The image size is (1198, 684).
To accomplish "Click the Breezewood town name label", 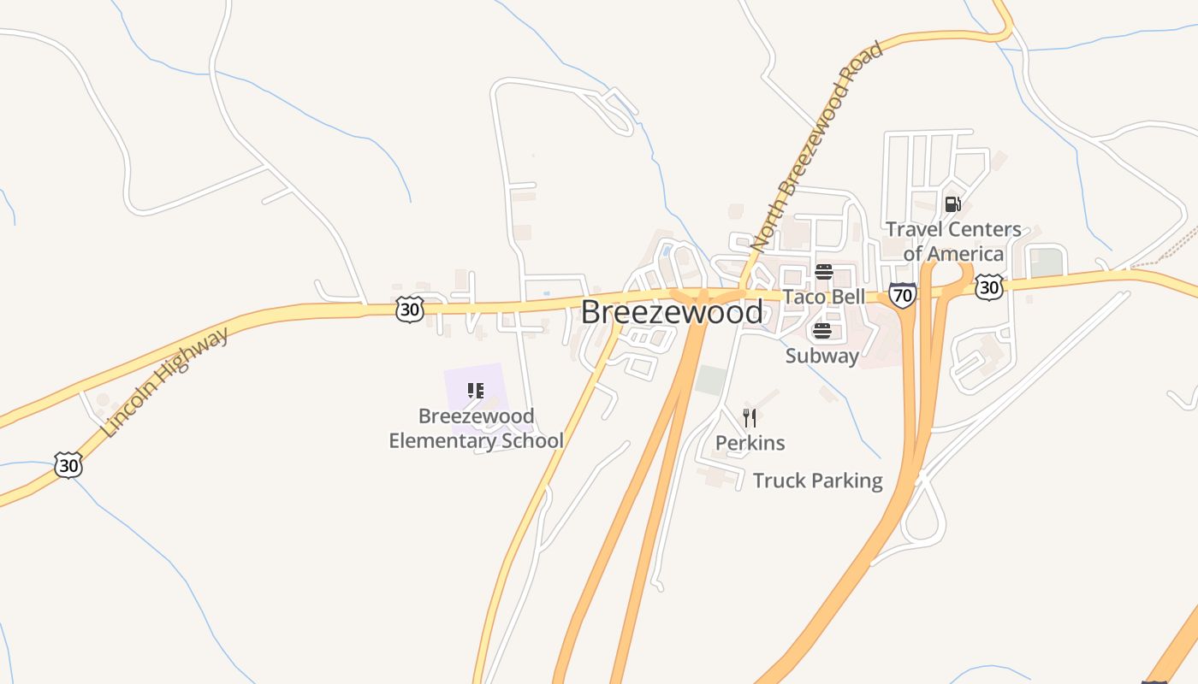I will click(672, 312).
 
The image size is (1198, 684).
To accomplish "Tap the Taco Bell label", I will click(823, 297).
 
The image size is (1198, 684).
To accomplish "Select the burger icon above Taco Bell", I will click(823, 273).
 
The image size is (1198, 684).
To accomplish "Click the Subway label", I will click(821, 356).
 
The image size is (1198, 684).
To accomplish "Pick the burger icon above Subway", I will click(821, 331).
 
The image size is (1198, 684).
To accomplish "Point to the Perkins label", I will click(750, 443).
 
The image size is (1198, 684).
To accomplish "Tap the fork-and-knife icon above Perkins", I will click(750, 418).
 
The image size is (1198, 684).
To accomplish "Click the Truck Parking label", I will click(817, 481).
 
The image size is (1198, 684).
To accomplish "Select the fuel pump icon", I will click(952, 204).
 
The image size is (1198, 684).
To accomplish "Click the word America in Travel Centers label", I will click(965, 254).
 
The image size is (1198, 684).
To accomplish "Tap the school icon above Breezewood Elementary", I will click(476, 392).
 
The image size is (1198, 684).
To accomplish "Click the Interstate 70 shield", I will click(902, 295).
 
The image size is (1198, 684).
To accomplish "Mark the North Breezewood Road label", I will click(816, 146).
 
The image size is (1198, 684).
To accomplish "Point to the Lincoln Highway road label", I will click(166, 381).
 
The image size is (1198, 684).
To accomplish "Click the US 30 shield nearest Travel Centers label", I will click(988, 286).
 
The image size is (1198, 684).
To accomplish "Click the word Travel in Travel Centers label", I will click(916, 229).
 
